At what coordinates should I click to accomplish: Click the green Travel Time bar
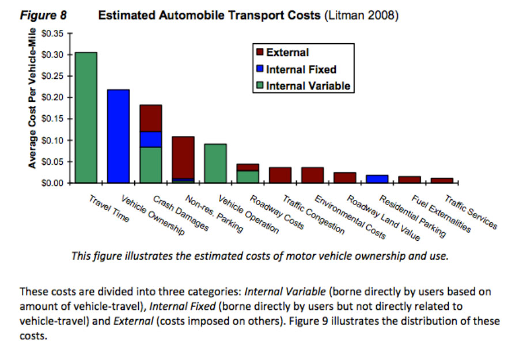coord(86,118)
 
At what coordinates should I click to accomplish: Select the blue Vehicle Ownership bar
coord(118,136)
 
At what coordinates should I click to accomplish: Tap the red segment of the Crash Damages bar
coord(150,118)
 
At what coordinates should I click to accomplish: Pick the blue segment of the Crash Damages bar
coord(150,139)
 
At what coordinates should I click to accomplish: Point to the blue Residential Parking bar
coord(377,179)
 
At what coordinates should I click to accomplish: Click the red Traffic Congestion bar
coord(280,175)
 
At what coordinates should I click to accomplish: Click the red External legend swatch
coord(259,52)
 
